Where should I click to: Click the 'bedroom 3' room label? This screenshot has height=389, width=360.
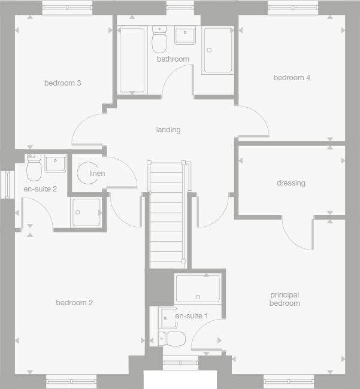coord(62,83)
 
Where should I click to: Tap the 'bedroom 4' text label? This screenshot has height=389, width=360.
coord(292,78)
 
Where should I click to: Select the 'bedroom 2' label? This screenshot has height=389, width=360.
coord(74,303)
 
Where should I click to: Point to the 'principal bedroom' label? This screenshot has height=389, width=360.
coord(285,299)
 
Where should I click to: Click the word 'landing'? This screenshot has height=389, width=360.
coord(168,130)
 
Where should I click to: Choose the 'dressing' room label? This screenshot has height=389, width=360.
coord(291,183)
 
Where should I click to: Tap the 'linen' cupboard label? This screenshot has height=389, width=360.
coord(97,174)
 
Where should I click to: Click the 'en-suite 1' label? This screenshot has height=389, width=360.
coord(192,315)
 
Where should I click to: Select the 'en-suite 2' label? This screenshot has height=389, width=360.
coord(40,189)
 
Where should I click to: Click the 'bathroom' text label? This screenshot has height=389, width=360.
coord(173,59)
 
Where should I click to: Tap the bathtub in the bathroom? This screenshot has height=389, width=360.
coord(132,60)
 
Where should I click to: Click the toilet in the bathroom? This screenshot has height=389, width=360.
coord(159,40)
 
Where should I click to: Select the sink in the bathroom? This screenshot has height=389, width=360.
coord(184,36)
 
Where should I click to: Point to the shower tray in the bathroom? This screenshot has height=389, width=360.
coord(217,50)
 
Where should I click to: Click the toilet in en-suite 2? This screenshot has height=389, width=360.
coord(34,168)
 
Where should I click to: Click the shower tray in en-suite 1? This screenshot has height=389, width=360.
coord(198,288)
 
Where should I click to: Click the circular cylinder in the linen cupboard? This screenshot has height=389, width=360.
coord(88,174)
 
